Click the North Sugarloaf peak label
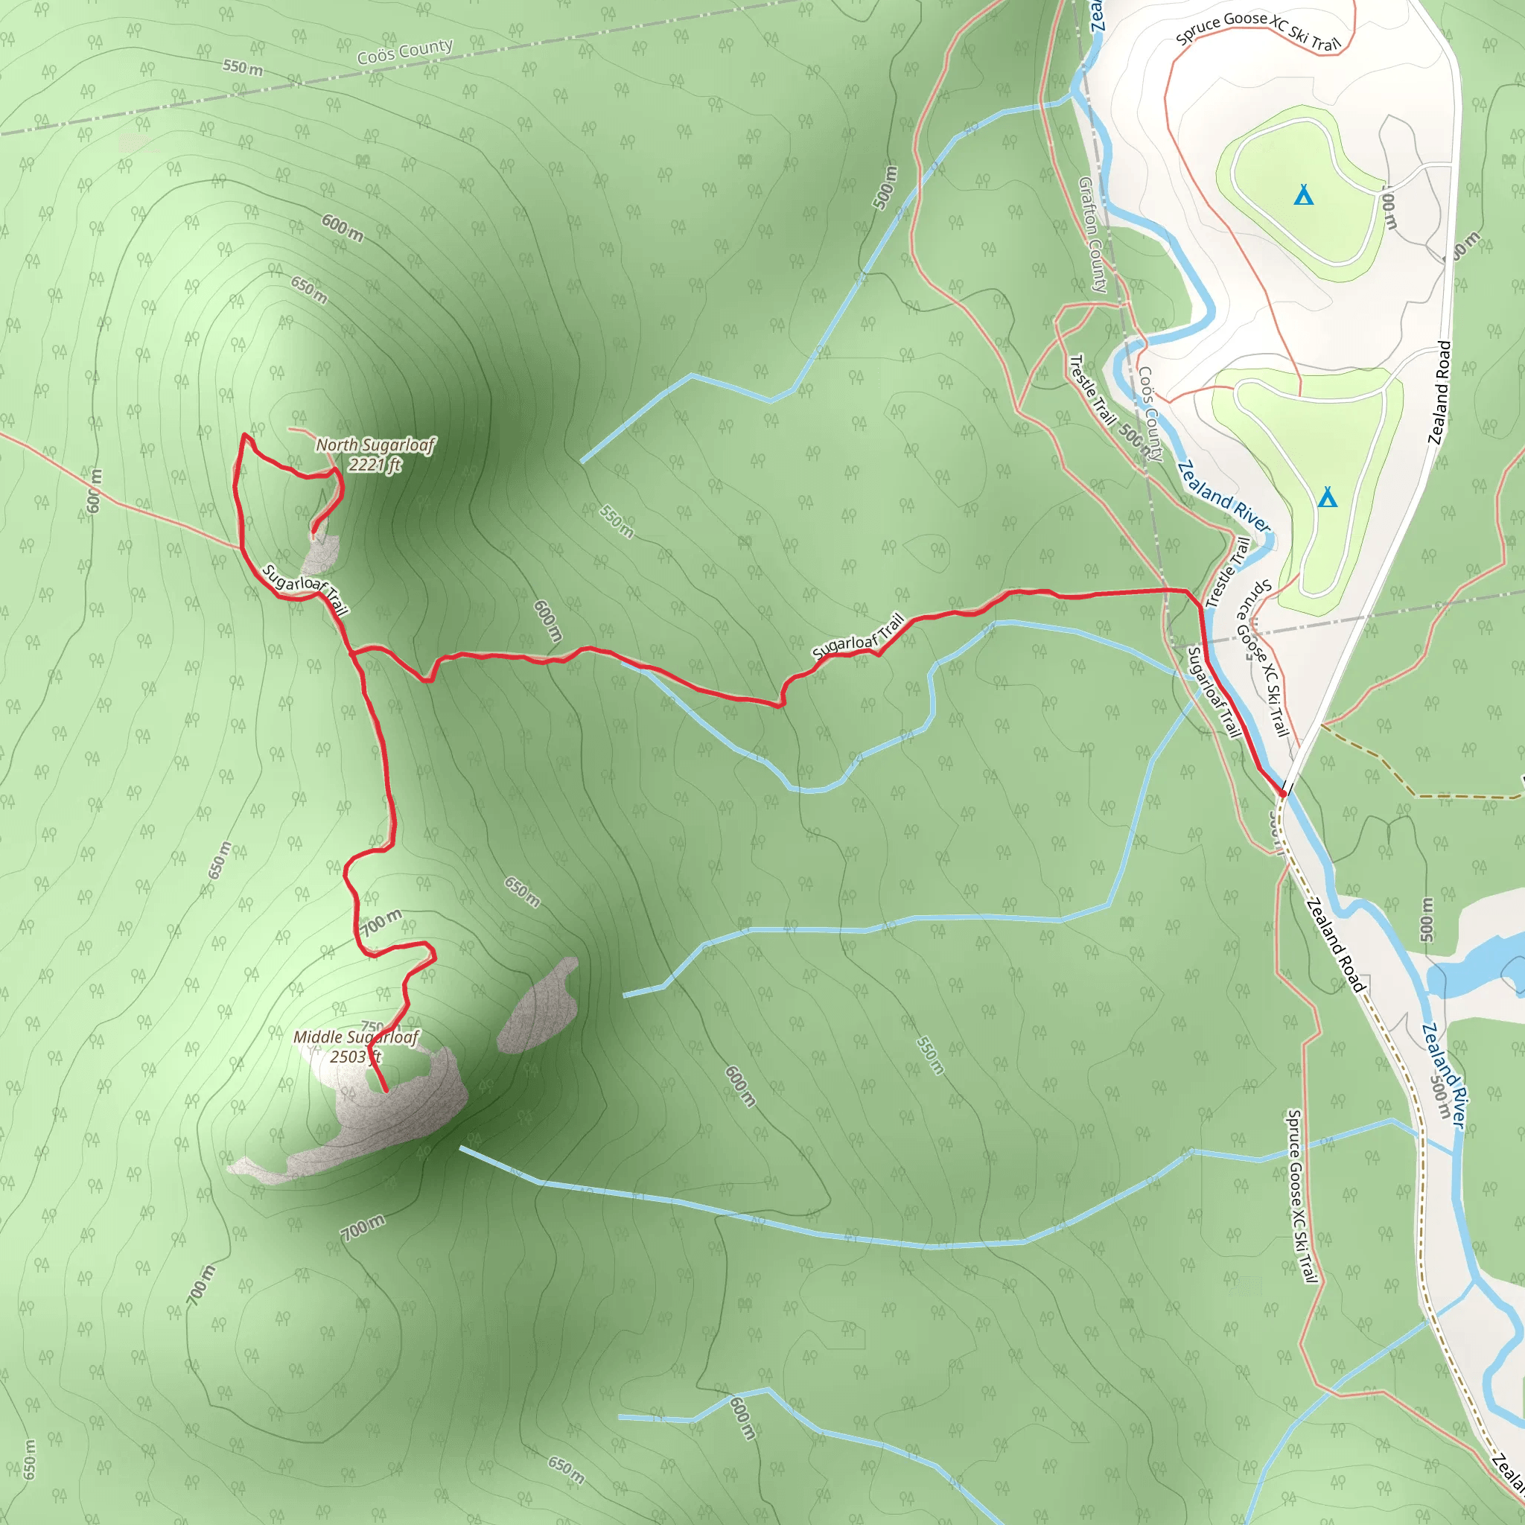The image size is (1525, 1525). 375,445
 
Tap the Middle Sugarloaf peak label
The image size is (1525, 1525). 356,1037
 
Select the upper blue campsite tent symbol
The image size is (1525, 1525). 1304,194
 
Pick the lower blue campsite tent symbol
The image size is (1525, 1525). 1328,497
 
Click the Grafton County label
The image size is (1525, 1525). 1093,235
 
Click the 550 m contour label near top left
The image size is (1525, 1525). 242,67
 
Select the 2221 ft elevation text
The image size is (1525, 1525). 375,465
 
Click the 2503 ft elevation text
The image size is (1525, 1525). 355,1057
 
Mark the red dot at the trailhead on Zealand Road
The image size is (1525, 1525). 1284,793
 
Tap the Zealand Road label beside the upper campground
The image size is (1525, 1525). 1440,392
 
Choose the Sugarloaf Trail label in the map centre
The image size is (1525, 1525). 858,636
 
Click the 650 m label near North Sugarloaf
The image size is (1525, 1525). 308,290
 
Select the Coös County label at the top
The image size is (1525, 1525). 405,51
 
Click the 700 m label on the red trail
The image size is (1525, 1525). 382,921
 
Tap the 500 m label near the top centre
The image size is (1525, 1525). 885,187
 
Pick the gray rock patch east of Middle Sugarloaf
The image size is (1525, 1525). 538,1005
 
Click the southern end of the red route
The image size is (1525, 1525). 385,1091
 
